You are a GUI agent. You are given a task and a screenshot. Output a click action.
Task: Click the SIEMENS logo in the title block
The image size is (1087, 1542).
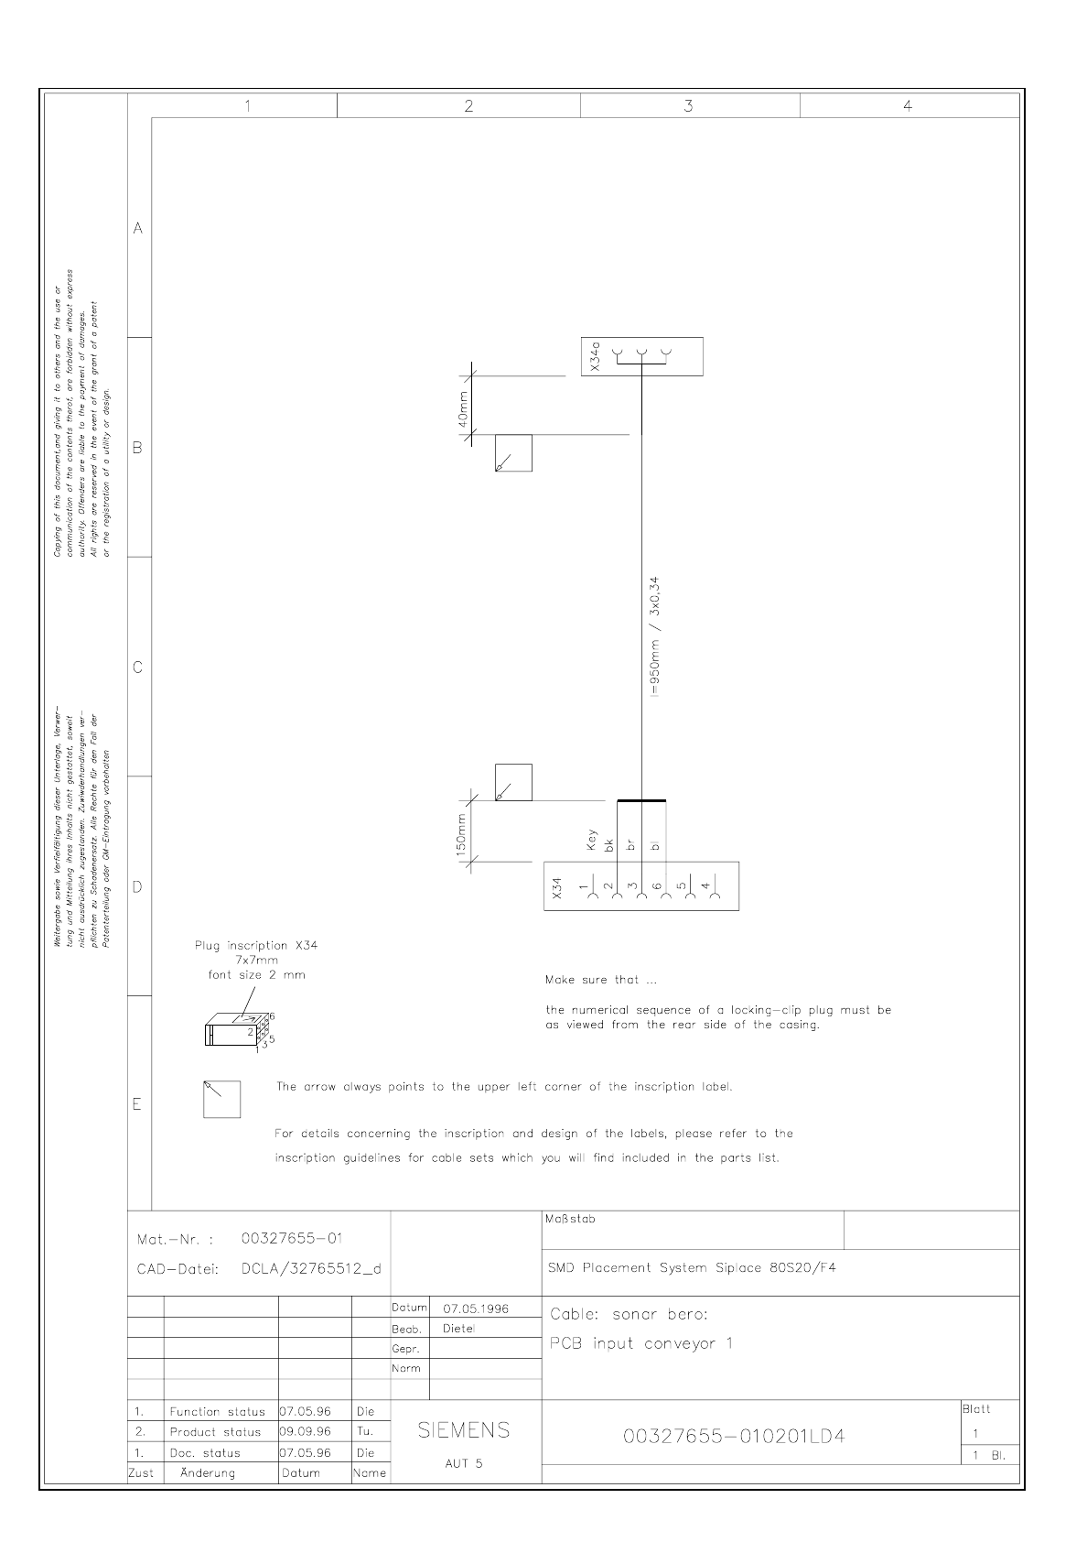coord(464,1430)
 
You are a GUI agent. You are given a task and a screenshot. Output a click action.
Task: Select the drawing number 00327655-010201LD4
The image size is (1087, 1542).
coord(734,1437)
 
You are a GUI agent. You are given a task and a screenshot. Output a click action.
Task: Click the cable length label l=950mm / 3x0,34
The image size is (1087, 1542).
coord(653,637)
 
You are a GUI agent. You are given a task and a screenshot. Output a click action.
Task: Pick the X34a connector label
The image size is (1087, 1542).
coord(595,356)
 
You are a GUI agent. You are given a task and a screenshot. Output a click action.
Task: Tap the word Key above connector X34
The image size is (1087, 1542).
coord(592,842)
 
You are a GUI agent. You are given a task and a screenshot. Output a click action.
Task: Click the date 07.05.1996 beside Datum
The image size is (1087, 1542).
coord(476,1309)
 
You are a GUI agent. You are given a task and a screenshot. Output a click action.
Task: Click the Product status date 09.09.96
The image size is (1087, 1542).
coord(306,1432)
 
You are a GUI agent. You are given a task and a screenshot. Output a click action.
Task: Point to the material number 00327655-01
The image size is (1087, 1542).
coord(291,1239)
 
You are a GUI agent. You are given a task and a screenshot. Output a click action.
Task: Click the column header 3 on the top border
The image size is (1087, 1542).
coord(688,106)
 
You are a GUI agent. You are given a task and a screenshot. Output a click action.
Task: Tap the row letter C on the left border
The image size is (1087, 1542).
coord(138,668)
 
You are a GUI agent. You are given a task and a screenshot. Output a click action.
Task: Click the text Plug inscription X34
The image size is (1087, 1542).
coord(256,945)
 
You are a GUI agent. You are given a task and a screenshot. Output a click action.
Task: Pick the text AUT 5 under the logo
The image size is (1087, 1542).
coord(464,1463)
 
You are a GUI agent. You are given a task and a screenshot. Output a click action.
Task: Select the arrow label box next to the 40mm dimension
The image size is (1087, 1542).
coord(513,453)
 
